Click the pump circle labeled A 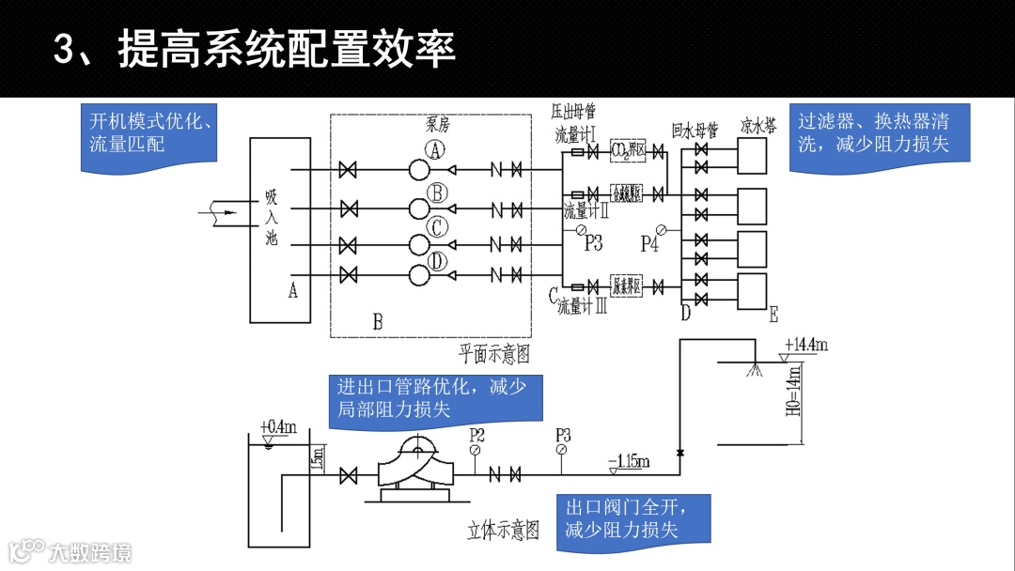pyautogui.click(x=419, y=170)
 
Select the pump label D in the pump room pyautogui.click(x=436, y=260)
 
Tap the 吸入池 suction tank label pyautogui.click(x=272, y=217)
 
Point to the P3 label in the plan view pyautogui.click(x=593, y=243)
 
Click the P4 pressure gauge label pyautogui.click(x=649, y=244)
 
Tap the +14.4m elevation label pyautogui.click(x=807, y=346)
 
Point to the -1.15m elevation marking pyautogui.click(x=629, y=461)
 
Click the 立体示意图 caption pyautogui.click(x=504, y=531)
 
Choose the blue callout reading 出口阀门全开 pyautogui.click(x=631, y=519)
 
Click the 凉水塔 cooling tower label pyautogui.click(x=757, y=127)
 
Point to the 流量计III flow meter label pyautogui.click(x=582, y=306)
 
